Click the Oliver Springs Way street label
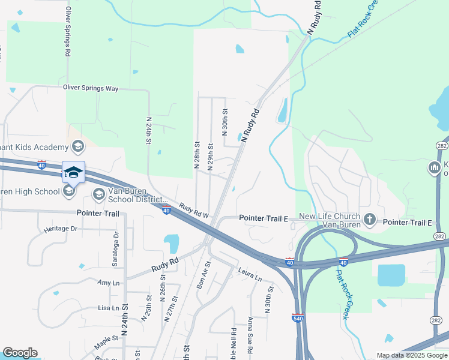point(91,88)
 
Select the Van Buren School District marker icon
point(98,194)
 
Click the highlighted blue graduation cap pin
point(73,173)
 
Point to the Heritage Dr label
point(61,229)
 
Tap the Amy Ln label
point(105,281)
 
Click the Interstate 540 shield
point(297,317)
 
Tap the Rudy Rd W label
point(193,211)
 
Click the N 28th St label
point(197,155)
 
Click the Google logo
point(20,353)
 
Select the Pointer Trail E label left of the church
point(263,218)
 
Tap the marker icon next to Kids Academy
point(77,146)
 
